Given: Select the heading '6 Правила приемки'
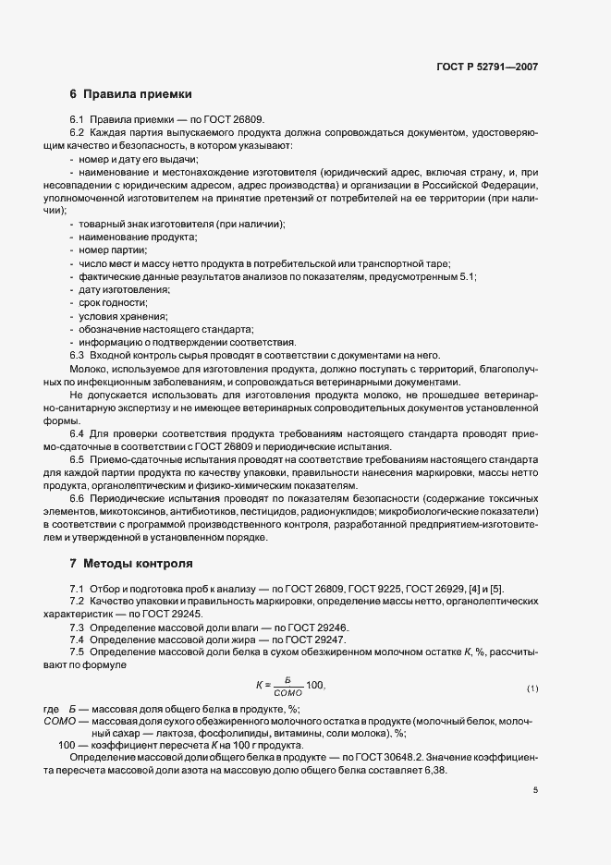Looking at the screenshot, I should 131,95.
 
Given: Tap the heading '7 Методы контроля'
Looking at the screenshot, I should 131,563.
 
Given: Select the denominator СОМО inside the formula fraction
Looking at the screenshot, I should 289,694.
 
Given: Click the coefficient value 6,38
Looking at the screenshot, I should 432,771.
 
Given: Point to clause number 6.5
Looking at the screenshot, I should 78,458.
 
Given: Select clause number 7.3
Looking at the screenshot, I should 78,627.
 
